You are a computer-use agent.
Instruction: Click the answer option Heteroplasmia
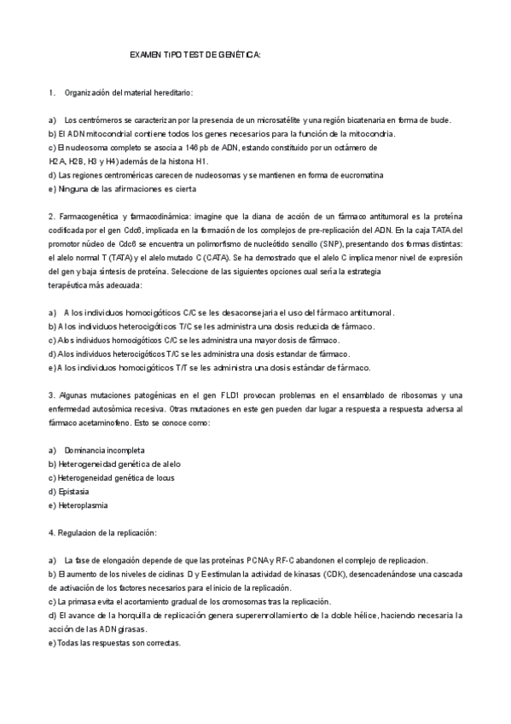tap(82, 505)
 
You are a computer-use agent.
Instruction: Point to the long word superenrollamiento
tap(270, 615)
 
